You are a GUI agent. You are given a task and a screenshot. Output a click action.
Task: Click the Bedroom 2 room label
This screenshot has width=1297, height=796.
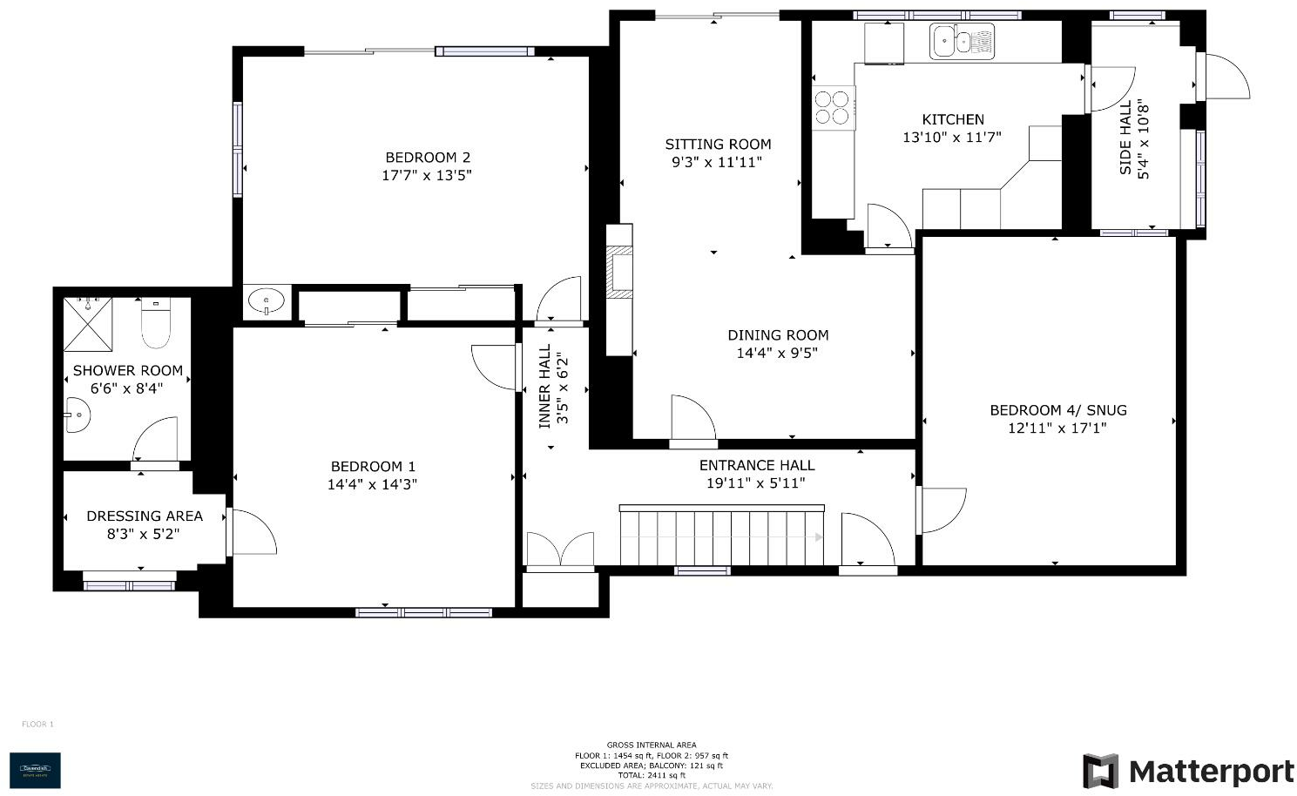pos(428,158)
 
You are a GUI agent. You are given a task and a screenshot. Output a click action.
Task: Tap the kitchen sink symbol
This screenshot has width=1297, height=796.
pos(961,41)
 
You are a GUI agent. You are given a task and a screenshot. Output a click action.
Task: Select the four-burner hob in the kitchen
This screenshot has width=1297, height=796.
pos(832,108)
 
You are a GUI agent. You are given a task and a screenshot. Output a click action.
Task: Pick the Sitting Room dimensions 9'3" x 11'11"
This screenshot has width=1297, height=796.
pos(717,162)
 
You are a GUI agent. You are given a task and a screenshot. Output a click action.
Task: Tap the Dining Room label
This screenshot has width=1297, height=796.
pos(778,335)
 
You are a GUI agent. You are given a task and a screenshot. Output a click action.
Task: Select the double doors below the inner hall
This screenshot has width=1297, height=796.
pos(560,551)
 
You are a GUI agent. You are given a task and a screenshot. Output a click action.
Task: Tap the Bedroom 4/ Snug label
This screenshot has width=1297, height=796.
pos(1057,410)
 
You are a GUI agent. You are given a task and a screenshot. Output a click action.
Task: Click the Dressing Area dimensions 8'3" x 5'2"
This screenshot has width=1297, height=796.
pos(144,534)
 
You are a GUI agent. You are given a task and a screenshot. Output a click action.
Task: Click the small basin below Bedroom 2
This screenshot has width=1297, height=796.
pos(265,302)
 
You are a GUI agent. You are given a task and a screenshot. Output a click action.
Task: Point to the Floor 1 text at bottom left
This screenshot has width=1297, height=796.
pos(37,724)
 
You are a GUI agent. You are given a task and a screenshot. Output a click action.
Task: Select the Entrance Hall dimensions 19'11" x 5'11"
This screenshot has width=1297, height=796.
pos(756,483)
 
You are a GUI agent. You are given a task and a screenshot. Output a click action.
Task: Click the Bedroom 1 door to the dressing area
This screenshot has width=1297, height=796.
pos(251,532)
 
